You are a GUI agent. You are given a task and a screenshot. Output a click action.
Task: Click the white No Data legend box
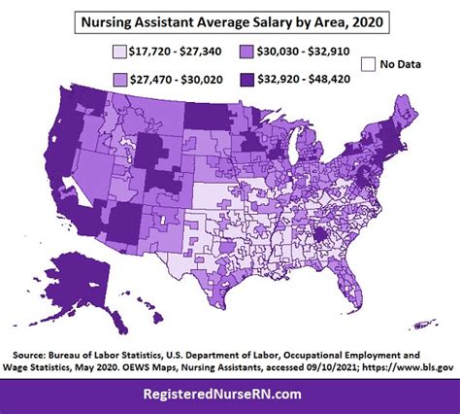coord(366,64)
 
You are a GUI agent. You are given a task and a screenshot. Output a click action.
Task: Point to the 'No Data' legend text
coord(400,65)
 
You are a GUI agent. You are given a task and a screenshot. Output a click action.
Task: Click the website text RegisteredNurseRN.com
coord(229,393)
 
